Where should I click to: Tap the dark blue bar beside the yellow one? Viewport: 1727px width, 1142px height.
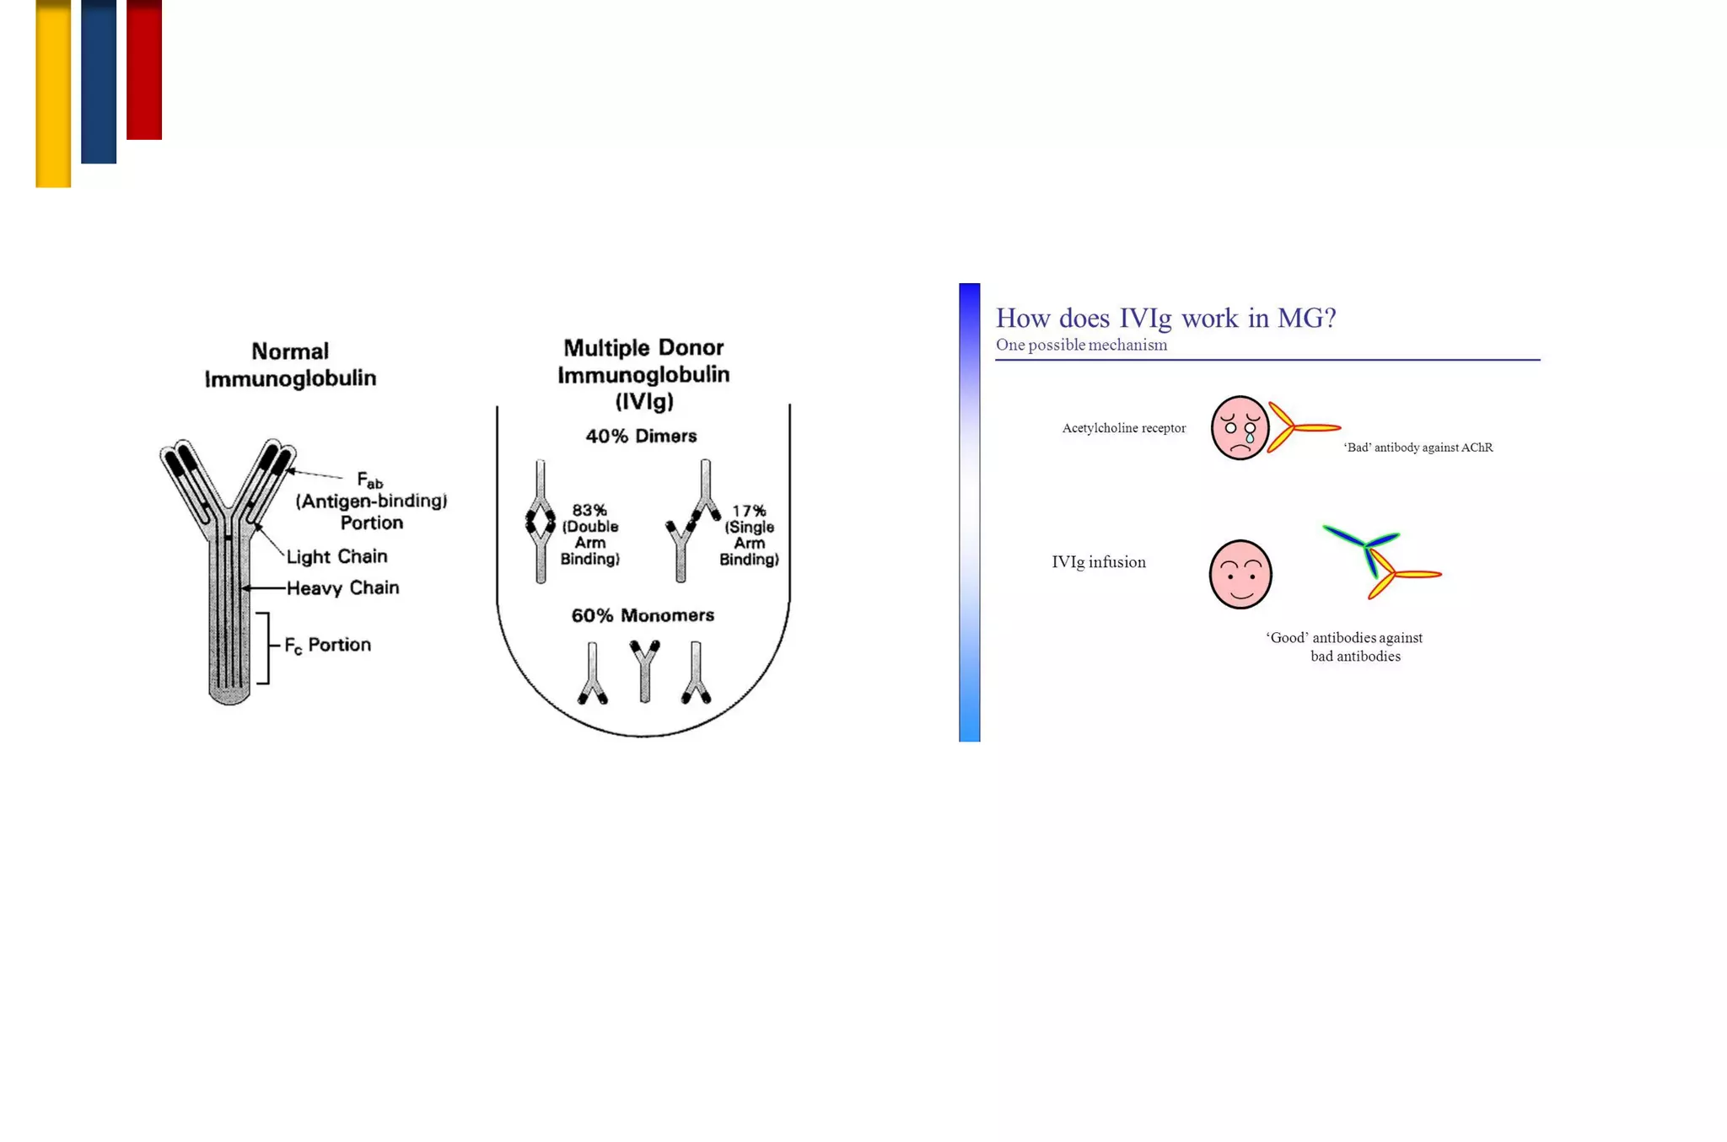click(99, 81)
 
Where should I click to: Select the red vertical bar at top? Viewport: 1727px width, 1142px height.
click(144, 69)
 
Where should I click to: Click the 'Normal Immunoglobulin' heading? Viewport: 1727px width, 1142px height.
click(290, 364)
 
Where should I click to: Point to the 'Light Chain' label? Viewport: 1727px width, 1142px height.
click(336, 556)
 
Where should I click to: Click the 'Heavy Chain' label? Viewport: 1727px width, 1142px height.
click(342, 587)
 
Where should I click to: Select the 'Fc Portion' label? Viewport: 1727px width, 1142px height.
click(327, 645)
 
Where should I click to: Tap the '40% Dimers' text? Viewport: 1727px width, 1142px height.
click(641, 436)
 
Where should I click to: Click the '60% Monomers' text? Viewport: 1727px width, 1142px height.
click(643, 615)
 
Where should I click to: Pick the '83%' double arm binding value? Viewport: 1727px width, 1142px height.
click(589, 510)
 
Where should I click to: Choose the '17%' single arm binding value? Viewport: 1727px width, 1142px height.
click(749, 511)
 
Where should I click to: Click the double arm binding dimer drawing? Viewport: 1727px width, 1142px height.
click(541, 522)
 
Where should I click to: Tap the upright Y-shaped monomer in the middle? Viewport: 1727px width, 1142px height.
click(645, 669)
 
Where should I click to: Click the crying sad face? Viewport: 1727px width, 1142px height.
click(1240, 427)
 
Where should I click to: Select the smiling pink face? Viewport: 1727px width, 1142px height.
click(1240, 574)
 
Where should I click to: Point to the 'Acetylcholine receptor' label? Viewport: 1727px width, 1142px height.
click(1123, 428)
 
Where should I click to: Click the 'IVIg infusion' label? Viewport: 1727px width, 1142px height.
click(1098, 562)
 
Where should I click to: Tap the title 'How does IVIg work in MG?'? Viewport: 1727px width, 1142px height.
click(1165, 318)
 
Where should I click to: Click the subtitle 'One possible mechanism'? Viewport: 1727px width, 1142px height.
click(1081, 345)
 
